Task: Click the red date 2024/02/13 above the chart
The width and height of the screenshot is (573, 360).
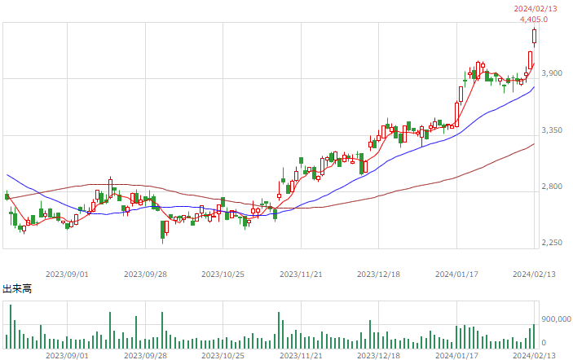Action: (536, 9)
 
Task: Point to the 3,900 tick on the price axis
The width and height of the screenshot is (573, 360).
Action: (552, 73)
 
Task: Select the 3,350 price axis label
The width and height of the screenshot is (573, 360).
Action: (552, 130)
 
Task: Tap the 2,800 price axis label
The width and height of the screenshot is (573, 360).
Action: (552, 187)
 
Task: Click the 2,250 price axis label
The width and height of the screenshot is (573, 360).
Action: (552, 243)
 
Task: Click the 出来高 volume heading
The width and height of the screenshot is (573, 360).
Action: (17, 289)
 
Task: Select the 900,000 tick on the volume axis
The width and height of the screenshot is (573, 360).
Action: (556, 319)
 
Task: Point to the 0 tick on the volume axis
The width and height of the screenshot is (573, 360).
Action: (544, 343)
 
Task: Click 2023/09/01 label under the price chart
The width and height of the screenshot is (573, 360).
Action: (67, 274)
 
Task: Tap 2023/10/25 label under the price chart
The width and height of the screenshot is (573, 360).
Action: (223, 274)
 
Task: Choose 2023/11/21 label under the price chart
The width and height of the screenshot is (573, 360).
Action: (301, 274)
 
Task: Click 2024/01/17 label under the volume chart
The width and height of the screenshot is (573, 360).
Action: (456, 356)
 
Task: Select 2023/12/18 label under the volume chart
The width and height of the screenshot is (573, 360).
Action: (378, 356)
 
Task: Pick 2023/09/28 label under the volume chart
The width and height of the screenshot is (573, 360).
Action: (145, 356)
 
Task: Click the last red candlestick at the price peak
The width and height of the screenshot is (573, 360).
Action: (534, 37)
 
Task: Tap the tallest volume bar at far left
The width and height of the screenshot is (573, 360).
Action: (11, 327)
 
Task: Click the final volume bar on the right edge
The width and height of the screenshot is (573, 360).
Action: (534, 336)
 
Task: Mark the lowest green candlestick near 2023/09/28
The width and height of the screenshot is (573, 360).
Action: (163, 230)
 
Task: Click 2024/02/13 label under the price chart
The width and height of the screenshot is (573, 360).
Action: (534, 274)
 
